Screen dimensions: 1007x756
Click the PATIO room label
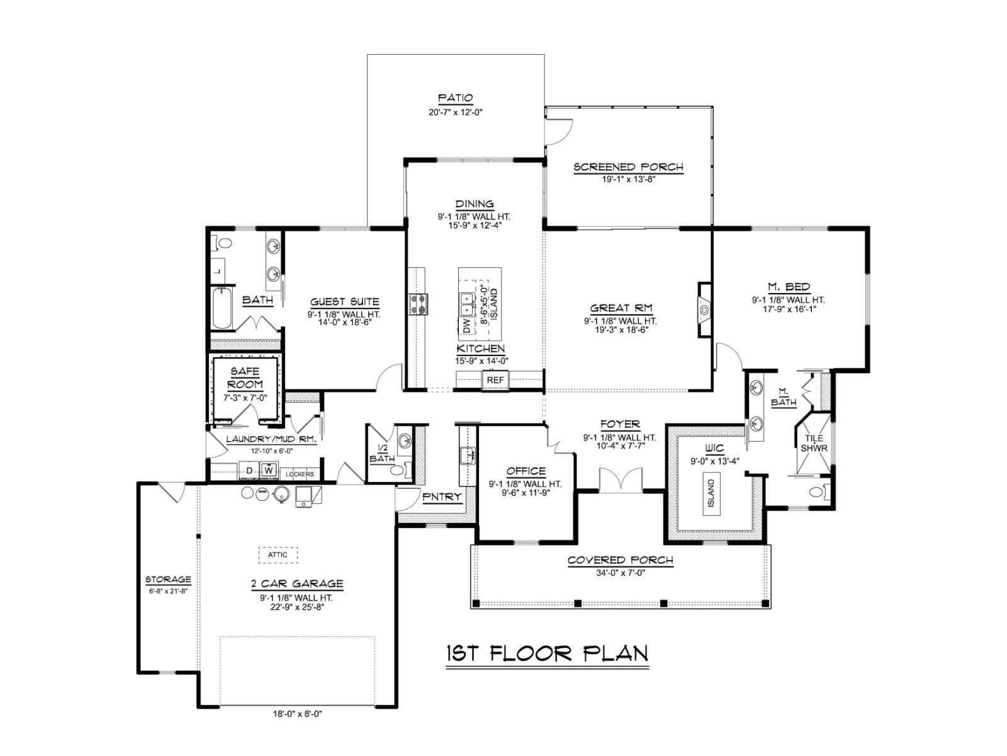pyautogui.click(x=455, y=98)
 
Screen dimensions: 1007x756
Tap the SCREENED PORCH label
pyautogui.click(x=628, y=167)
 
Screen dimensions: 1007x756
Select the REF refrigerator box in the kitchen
pyautogui.click(x=495, y=380)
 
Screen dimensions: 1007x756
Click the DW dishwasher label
pyautogui.click(x=466, y=326)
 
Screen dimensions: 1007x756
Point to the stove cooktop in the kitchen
pyautogui.click(x=419, y=304)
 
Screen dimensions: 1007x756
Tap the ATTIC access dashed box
pyautogui.click(x=278, y=555)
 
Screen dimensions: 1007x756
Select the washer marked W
pyautogui.click(x=268, y=471)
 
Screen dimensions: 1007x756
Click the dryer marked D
pyautogui.click(x=249, y=471)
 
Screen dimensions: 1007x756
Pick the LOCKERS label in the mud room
pyautogui.click(x=300, y=474)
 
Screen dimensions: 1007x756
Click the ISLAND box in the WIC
pyautogui.click(x=711, y=493)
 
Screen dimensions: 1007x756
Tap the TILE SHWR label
pyautogui.click(x=814, y=443)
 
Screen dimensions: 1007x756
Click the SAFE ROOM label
pyautogui.click(x=245, y=377)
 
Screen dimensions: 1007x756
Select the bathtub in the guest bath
pyautogui.click(x=222, y=307)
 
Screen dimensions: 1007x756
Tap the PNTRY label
pyautogui.click(x=441, y=496)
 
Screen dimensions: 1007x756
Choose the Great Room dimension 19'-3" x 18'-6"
pyautogui.click(x=622, y=329)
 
